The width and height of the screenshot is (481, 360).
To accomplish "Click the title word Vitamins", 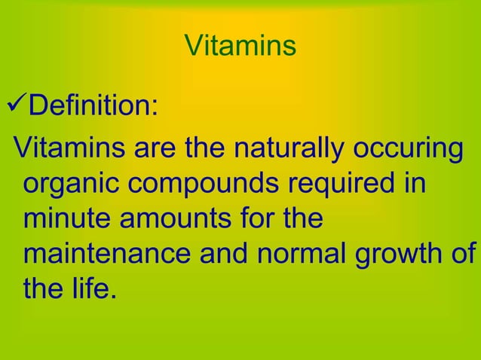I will pyautogui.click(x=240, y=47).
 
